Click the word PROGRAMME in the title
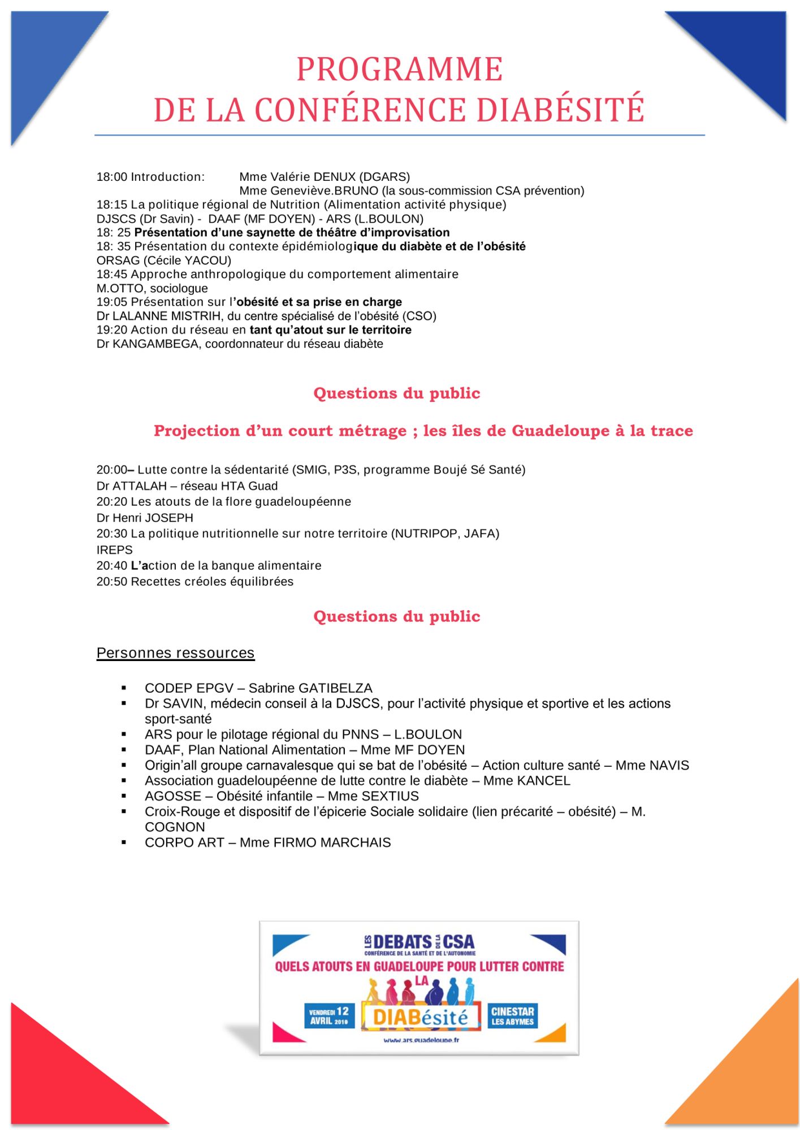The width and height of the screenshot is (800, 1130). [x=399, y=69]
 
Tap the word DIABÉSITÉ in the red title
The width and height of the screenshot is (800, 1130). [x=560, y=110]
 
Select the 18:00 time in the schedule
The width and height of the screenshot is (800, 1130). [x=112, y=177]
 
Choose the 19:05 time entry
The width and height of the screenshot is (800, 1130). [x=112, y=302]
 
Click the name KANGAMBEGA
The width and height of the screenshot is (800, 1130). [x=155, y=344]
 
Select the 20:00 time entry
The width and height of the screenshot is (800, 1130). [x=112, y=470]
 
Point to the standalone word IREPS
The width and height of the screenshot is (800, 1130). [x=115, y=550]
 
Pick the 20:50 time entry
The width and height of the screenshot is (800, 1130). [x=112, y=582]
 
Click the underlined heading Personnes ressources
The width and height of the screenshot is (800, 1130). [x=175, y=653]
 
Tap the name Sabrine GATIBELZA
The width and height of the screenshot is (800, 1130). [x=310, y=688]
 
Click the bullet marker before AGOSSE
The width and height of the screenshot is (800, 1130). [x=124, y=796]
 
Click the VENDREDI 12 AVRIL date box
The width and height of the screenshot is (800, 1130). [x=329, y=1016]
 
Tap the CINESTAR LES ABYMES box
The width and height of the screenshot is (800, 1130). [x=512, y=1016]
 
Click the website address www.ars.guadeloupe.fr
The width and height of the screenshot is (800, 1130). [x=421, y=1040]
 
